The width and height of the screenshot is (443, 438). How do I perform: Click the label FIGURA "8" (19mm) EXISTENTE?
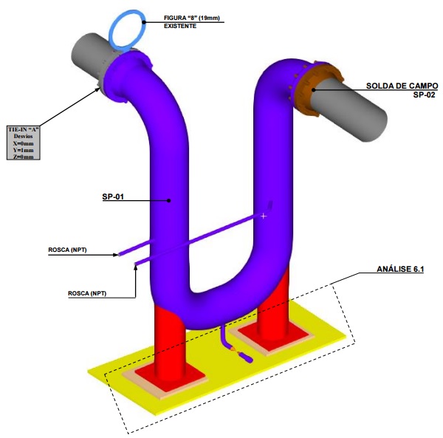coord(190,21)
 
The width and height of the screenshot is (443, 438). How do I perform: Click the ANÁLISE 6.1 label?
coord(399,270)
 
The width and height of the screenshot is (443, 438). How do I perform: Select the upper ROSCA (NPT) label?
coord(67,250)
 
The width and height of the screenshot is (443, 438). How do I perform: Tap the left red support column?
coord(171,339)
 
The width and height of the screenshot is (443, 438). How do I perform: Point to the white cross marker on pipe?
coord(263,216)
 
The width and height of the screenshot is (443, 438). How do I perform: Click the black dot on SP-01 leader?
coord(169,199)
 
